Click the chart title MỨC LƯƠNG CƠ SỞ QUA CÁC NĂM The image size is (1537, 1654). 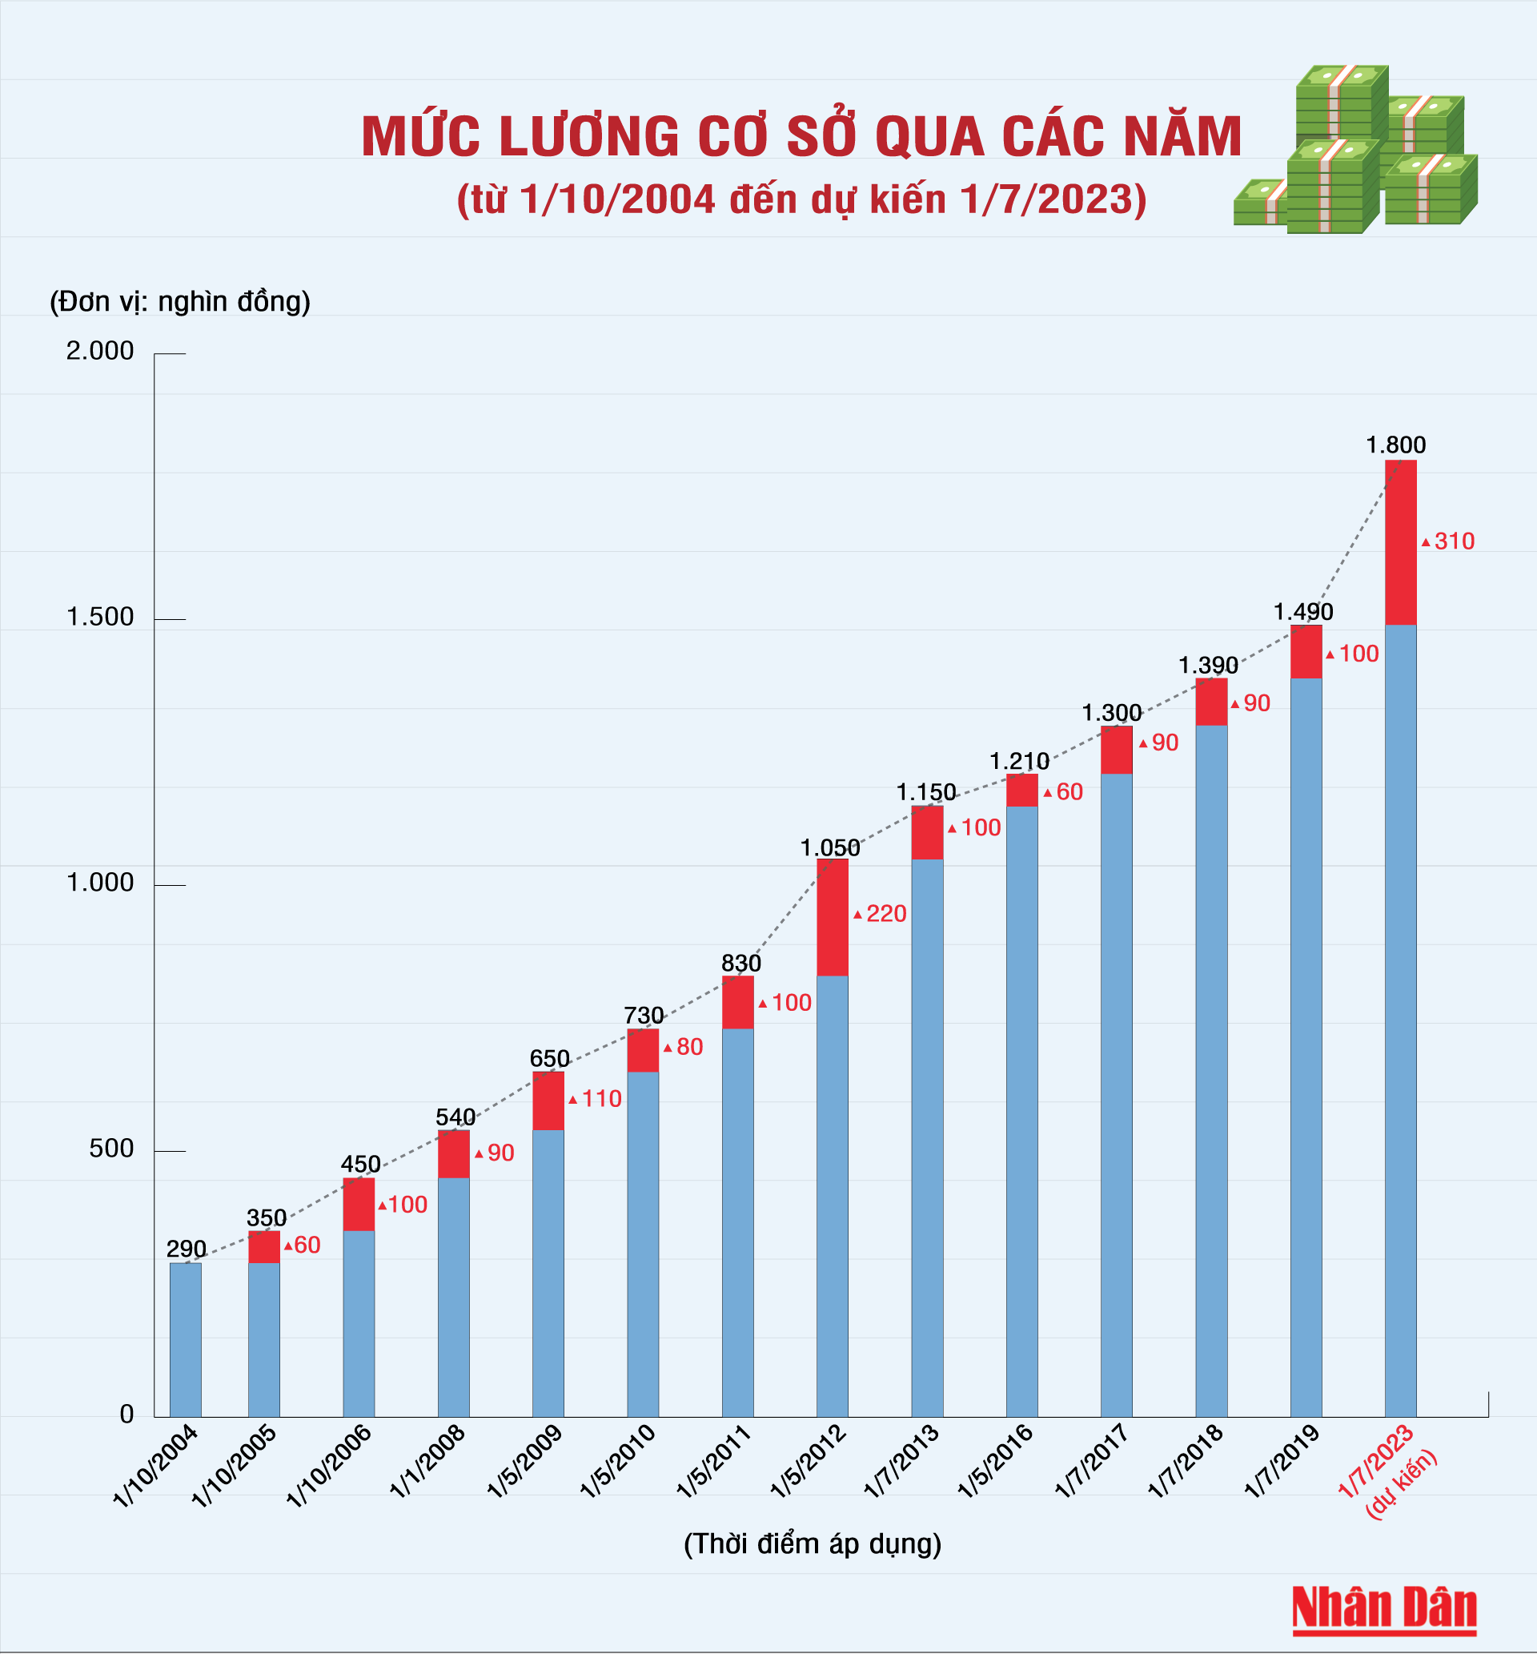click(x=801, y=136)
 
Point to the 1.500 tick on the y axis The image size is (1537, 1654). click(x=100, y=618)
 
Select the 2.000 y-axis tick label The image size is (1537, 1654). click(x=100, y=351)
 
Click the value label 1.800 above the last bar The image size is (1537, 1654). click(x=1395, y=445)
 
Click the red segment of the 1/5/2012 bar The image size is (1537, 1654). click(x=832, y=917)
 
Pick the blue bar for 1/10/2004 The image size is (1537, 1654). click(x=186, y=1339)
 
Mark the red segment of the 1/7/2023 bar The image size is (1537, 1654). click(x=1401, y=542)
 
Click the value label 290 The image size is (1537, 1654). click(x=186, y=1249)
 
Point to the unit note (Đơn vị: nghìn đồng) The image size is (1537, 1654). click(x=180, y=301)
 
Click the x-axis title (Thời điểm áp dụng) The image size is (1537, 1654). click(x=812, y=1543)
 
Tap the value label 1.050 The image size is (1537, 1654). click(x=830, y=847)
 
